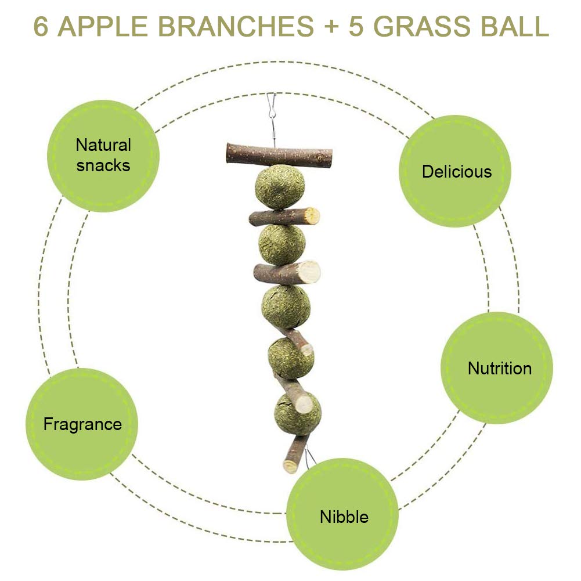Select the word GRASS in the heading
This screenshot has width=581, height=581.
pos(417,27)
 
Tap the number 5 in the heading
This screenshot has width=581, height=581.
pos(355,27)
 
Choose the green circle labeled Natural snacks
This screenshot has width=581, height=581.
pos(103,156)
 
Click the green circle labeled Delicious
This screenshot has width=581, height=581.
pos(456,171)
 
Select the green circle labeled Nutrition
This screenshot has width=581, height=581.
pos(497,367)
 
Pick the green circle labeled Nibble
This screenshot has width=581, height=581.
pos(343,515)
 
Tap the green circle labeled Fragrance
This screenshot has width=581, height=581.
pos(82,424)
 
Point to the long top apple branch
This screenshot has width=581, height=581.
pos(279,156)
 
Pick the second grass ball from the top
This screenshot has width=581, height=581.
pos(282,244)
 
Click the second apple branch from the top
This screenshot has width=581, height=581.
pos(284,217)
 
